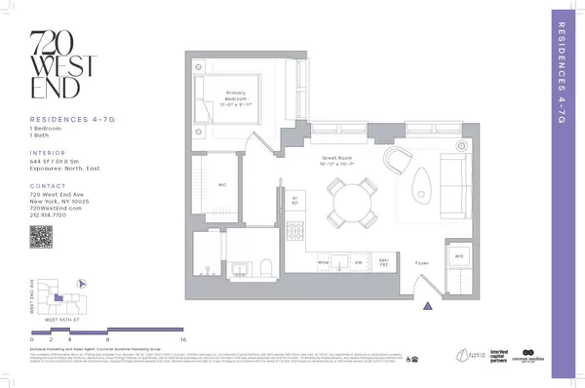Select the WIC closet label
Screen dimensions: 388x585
click(x=221, y=182)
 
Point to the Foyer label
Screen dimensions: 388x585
click(x=421, y=263)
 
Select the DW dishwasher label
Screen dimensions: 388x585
click(x=359, y=262)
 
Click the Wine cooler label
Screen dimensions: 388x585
click(x=323, y=262)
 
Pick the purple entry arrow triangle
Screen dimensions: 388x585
click(x=426, y=306)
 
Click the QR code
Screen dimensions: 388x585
click(x=40, y=236)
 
